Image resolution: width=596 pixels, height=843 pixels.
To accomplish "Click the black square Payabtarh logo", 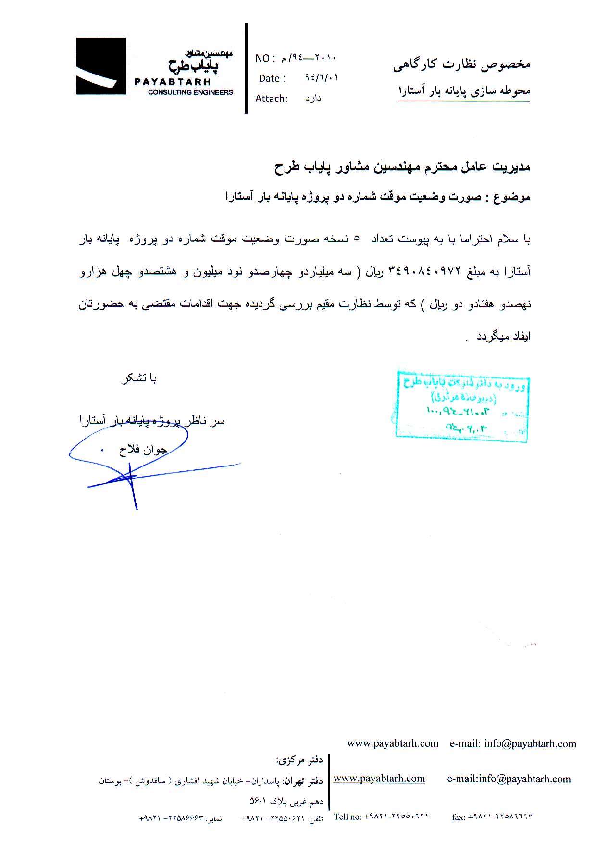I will (101, 66).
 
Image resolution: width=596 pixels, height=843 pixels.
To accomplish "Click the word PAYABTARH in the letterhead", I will (173, 82).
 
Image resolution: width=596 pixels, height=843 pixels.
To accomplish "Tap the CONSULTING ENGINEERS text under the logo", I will (190, 92).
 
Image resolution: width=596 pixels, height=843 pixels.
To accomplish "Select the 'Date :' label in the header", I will (272, 78).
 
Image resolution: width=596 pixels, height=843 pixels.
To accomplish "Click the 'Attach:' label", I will (272, 99).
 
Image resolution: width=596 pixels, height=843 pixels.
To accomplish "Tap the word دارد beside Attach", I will (313, 99).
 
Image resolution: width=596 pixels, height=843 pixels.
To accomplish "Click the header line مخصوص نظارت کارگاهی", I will (461, 64).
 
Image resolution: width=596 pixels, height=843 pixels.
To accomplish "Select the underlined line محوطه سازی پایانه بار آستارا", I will (464, 91).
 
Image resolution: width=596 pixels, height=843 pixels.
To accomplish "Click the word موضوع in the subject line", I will (514, 197).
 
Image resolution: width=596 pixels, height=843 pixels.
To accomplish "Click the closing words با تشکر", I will (139, 379).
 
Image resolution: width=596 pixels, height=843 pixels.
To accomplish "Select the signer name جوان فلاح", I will (143, 450).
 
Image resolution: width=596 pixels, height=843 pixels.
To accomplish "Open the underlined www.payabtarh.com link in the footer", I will (379, 779).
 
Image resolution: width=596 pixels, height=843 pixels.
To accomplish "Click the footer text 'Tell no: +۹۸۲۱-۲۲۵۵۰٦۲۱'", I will (381, 816).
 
